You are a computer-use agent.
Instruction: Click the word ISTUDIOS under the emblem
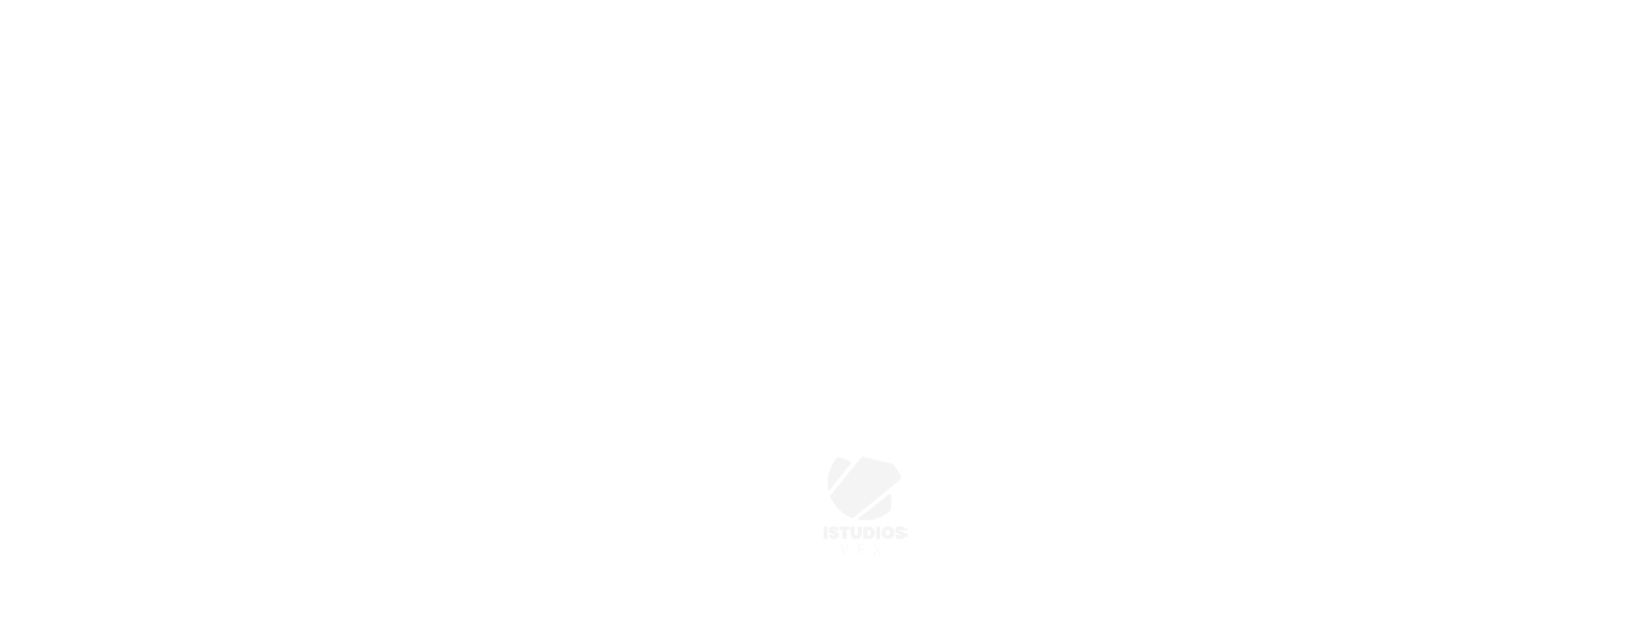pyautogui.click(x=864, y=533)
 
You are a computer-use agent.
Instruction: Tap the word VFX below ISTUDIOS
pyautogui.click(x=861, y=550)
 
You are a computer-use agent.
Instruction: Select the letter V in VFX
pyautogui.click(x=844, y=550)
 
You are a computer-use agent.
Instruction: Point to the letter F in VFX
pyautogui.click(x=861, y=550)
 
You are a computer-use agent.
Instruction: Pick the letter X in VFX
pyautogui.click(x=878, y=550)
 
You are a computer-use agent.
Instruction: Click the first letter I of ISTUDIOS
pyautogui.click(x=825, y=533)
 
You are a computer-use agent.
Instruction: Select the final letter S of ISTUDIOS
pyautogui.click(x=901, y=533)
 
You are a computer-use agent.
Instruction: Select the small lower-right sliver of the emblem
pyautogui.click(x=879, y=508)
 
